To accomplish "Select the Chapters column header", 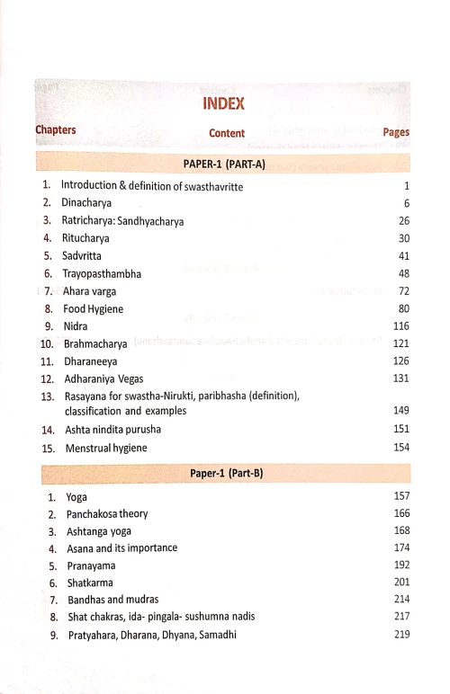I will [55, 129].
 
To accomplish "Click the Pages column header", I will [396, 132].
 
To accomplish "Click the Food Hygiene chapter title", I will [93, 308].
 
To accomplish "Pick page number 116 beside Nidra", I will [400, 325].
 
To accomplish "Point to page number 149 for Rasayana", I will [400, 411].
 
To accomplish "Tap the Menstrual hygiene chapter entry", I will [105, 447].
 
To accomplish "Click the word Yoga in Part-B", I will [76, 496].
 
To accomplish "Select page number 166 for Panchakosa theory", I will [401, 513].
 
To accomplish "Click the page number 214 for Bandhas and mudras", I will [401, 599].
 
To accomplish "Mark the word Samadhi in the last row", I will [215, 635].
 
